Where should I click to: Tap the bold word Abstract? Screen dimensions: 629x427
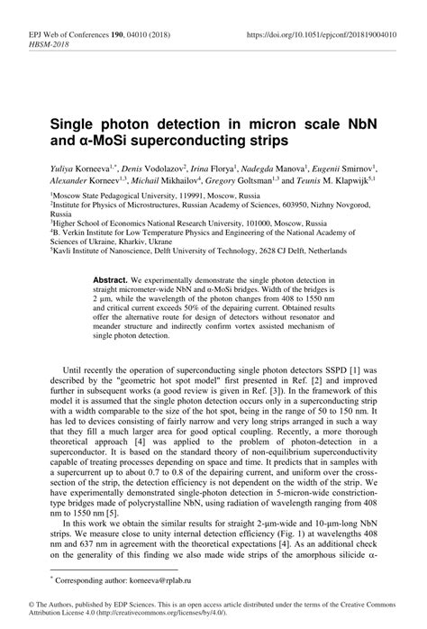click(x=112, y=280)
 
